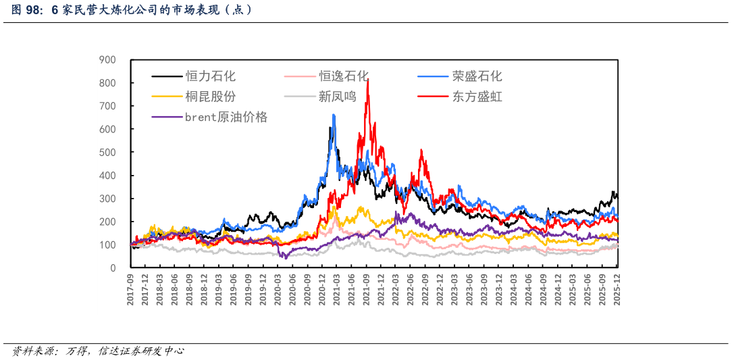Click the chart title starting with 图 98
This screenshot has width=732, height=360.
tap(132, 10)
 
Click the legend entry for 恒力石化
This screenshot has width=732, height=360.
tap(211, 76)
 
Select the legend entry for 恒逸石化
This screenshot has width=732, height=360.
tap(344, 76)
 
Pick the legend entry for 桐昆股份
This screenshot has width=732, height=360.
tap(211, 97)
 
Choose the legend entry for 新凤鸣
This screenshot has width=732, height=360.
tap(337, 97)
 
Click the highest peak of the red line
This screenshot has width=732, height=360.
tap(367, 80)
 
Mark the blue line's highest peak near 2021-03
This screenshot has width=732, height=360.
tap(334, 115)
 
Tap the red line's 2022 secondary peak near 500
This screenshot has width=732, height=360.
tap(421, 151)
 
